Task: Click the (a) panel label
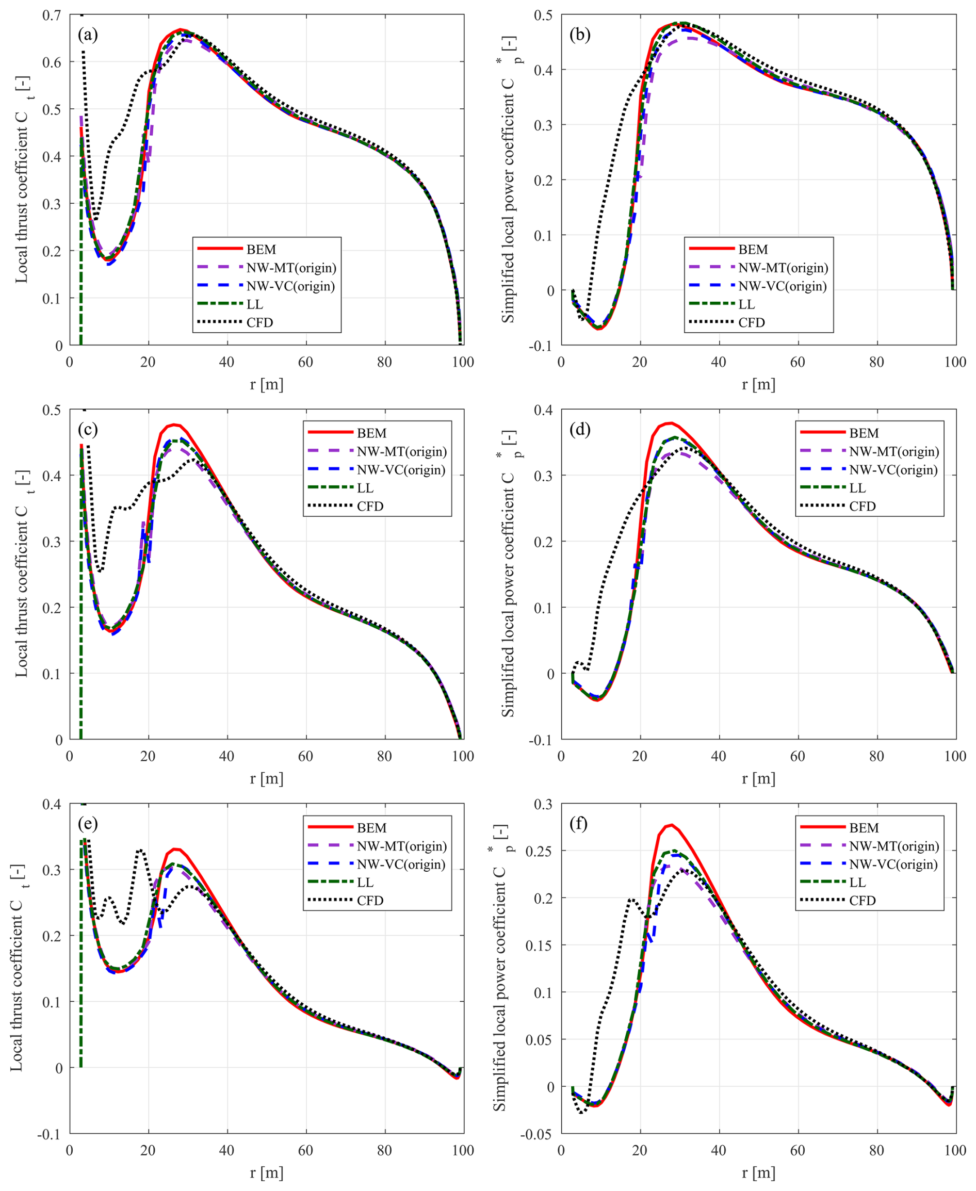tap(88, 35)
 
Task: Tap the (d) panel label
tap(580, 430)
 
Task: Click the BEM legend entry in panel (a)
tap(261, 250)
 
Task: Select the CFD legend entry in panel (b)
tap(752, 322)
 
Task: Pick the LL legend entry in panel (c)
tap(365, 488)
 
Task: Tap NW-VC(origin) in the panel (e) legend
tap(401, 864)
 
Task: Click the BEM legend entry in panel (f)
tap(864, 828)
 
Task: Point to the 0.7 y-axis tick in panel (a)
tap(52, 15)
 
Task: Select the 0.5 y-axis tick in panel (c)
tap(52, 410)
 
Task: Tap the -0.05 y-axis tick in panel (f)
tap(536, 1134)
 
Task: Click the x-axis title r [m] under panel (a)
tap(267, 384)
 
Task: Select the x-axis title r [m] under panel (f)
tap(758, 1173)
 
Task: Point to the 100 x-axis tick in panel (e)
tap(463, 1151)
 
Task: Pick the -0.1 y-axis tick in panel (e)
tap(49, 1134)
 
